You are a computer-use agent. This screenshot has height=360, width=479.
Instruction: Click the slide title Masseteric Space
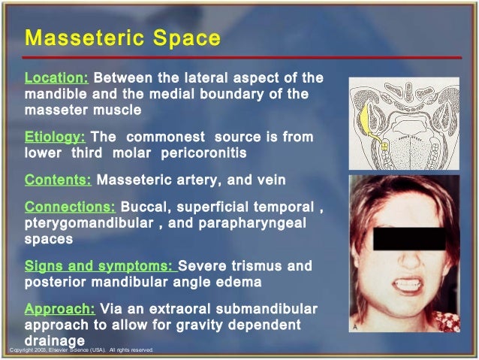pos(122,38)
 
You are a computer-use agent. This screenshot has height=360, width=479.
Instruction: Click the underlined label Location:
pos(57,78)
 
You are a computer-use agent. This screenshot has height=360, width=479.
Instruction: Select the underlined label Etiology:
pos(55,138)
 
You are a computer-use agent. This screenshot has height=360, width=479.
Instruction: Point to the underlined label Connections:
pos(70,206)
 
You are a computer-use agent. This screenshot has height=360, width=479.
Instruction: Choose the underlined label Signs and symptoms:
pos(100,266)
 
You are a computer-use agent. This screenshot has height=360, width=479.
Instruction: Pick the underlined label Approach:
pos(59,309)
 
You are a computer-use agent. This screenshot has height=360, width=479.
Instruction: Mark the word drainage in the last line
pos(55,341)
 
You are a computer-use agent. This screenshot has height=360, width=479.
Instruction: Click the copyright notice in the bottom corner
pos(80,350)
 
